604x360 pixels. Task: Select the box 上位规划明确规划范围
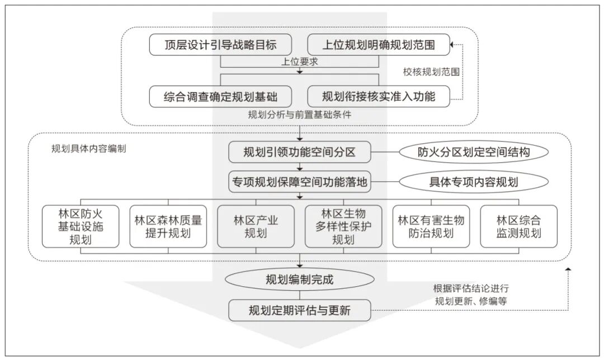point(379,45)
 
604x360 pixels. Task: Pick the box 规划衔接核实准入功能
point(379,96)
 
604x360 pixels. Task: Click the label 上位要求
point(300,62)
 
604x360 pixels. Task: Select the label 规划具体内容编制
point(88,149)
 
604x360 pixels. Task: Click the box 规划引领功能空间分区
point(300,152)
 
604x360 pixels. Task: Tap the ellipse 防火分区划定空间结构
point(473,151)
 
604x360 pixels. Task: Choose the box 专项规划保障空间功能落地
point(300,181)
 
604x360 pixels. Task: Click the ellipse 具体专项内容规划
point(473,182)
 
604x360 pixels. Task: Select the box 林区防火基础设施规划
point(81,226)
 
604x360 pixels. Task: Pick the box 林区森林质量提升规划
point(168,226)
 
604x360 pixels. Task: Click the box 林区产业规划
point(256,226)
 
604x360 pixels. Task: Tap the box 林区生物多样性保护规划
point(343,226)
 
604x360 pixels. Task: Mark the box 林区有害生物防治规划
point(431,226)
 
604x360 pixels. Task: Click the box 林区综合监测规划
point(518,226)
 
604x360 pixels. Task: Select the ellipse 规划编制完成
point(300,280)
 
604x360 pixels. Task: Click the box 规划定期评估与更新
point(300,310)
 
